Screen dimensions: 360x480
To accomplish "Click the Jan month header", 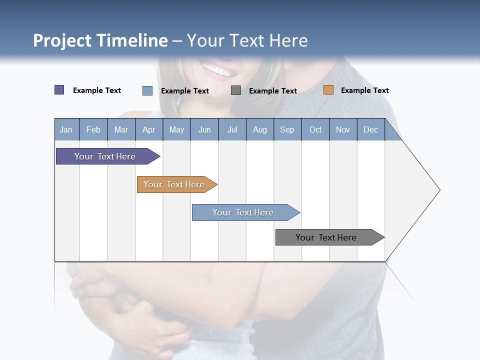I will [66, 129].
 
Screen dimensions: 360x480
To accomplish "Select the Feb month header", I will [93, 129].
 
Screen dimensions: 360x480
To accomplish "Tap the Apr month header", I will [148, 129].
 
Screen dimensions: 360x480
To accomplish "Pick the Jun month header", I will [204, 129].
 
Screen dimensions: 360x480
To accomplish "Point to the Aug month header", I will [259, 129].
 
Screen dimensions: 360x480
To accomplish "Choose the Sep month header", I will [287, 129].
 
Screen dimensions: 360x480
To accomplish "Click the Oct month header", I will [315, 129].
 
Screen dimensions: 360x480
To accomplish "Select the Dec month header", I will [370, 129].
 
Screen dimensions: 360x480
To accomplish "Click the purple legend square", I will [59, 90].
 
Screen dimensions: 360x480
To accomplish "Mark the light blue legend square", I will [147, 90].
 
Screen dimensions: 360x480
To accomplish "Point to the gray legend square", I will [236, 90].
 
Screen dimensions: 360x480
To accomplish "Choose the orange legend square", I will [328, 90].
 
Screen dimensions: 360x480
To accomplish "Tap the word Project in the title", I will [61, 40].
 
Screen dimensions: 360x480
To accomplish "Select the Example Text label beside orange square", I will [364, 90].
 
